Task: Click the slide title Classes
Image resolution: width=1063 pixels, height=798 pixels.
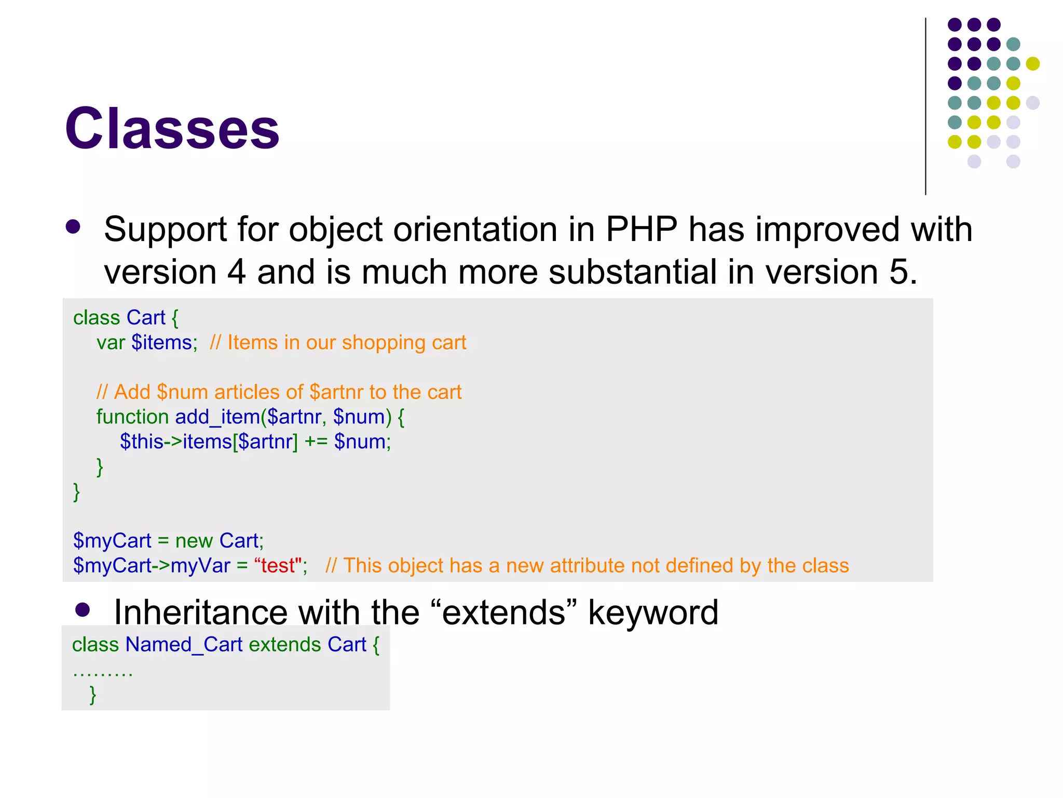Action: pos(172,128)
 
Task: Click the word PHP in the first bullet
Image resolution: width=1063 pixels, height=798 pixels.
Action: pos(642,229)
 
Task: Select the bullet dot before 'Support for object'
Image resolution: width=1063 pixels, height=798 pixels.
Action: pos(73,227)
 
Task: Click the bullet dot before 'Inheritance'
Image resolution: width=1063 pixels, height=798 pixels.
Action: pos(83,609)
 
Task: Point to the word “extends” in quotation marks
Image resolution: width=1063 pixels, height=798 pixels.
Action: pos(504,613)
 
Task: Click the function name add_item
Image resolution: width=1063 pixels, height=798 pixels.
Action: pos(217,417)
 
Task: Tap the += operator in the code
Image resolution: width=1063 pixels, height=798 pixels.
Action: pos(316,442)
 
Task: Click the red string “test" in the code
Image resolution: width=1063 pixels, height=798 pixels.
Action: pos(278,566)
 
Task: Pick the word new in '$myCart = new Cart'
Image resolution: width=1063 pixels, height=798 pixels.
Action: pos(194,541)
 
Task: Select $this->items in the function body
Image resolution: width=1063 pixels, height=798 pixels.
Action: pos(176,442)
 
